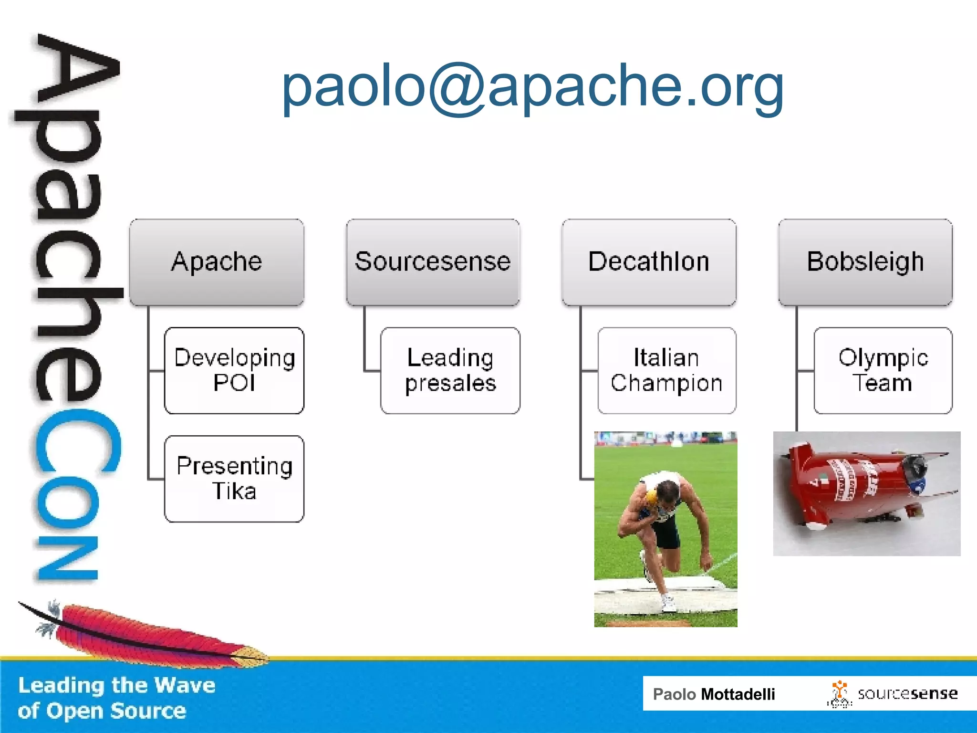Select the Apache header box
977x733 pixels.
(x=217, y=262)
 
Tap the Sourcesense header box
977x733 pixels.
(x=433, y=262)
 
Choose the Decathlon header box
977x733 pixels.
(x=649, y=262)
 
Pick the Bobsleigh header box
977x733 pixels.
(x=865, y=262)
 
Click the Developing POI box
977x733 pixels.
(x=234, y=370)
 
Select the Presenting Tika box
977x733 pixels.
(x=234, y=479)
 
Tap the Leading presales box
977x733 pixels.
(x=450, y=370)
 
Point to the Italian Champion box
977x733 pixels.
(x=666, y=370)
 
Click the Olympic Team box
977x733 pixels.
(x=883, y=370)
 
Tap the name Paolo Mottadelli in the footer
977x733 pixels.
(x=714, y=694)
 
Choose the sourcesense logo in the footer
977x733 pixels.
(x=892, y=694)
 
